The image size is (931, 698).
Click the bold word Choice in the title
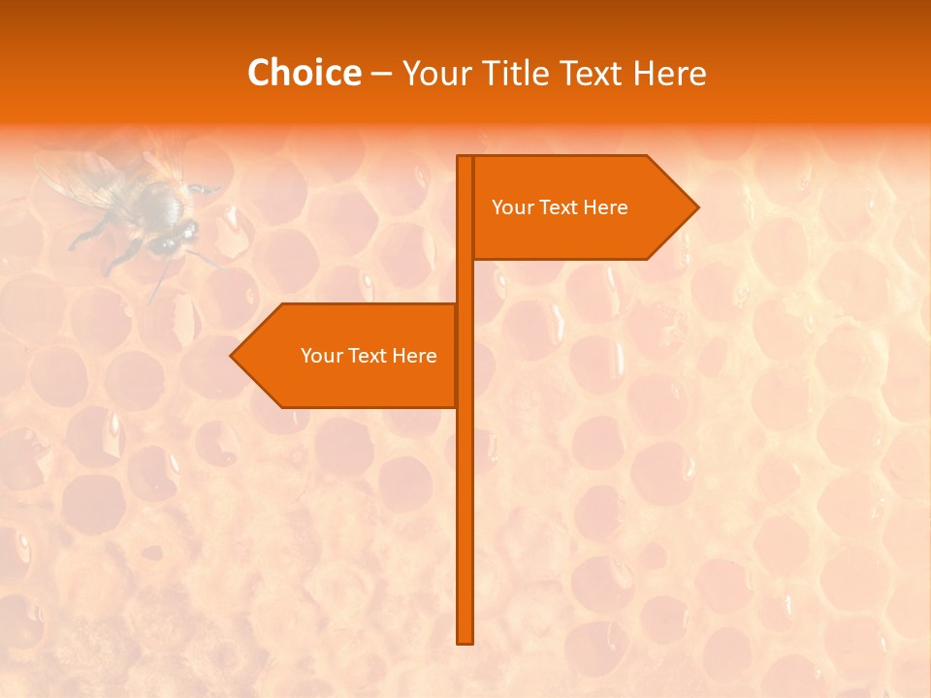[304, 73]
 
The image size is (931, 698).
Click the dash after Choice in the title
[381, 74]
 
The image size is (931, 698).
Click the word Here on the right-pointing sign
[605, 207]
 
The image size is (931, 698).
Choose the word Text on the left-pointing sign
[368, 356]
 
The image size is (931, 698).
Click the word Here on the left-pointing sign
[414, 356]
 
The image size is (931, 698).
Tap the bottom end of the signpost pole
[465, 638]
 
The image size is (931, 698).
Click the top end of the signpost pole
[465, 160]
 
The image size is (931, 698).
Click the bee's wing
[87, 179]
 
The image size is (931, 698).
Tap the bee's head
[175, 236]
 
